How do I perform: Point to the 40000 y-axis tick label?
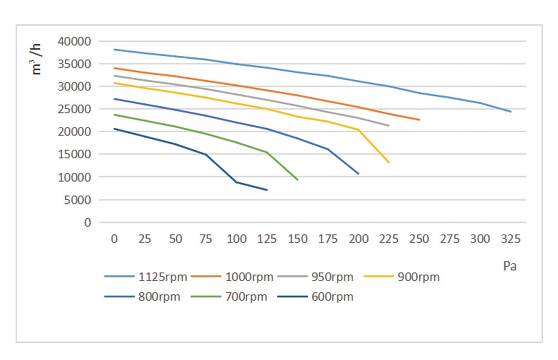tap(74, 41)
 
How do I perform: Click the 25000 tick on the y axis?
tap(74, 109)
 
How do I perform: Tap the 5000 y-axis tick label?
tap(77, 200)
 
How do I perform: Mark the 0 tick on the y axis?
tap(88, 223)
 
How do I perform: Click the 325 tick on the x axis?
tap(511, 239)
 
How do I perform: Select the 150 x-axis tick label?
tap(298, 239)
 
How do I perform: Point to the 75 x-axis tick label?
tap(206, 239)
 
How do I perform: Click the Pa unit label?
tap(509, 266)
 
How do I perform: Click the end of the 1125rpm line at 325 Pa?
tap(511, 112)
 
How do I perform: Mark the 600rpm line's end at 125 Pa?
tap(267, 190)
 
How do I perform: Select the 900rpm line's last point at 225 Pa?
tap(389, 162)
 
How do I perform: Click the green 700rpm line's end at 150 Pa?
tap(298, 180)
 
